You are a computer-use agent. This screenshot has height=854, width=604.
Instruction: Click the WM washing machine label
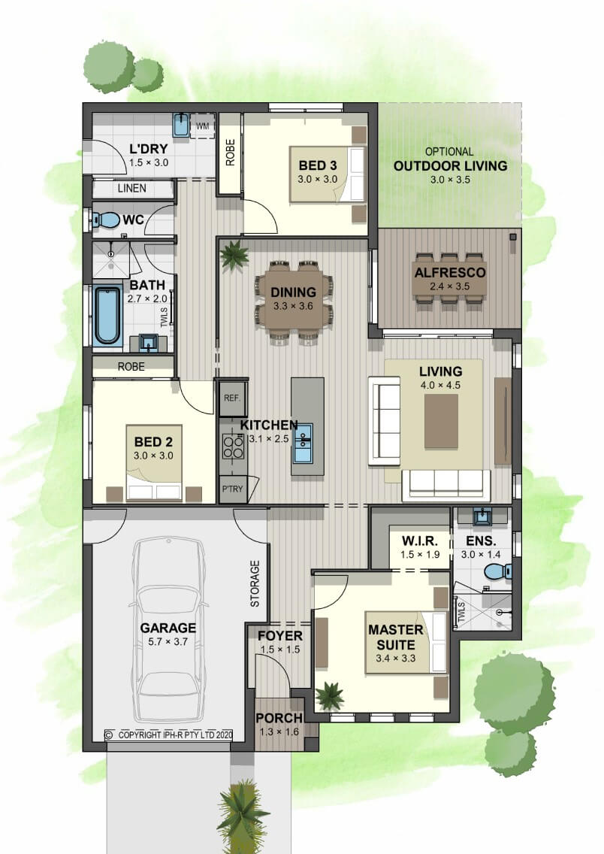point(202,126)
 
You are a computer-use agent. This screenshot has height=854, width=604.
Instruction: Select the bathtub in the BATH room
point(106,315)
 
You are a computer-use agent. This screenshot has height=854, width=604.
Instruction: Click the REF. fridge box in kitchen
point(232,398)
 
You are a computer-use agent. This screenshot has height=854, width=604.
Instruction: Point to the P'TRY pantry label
point(232,489)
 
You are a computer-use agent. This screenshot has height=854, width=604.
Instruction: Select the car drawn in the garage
point(169,629)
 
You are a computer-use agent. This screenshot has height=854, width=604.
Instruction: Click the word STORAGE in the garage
point(255,584)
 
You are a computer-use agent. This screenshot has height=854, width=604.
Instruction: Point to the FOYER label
point(280,635)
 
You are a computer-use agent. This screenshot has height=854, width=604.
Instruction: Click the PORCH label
point(279,719)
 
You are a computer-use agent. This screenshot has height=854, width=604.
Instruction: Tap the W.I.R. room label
point(419,541)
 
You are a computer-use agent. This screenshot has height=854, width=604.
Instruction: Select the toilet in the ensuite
point(497,571)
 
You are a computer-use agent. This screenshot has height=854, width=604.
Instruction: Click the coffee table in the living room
point(441,421)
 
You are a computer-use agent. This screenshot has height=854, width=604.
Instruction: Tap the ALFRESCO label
point(450,273)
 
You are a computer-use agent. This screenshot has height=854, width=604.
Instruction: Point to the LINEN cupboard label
point(131,189)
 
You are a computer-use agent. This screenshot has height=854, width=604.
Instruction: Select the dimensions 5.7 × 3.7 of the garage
point(168,641)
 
